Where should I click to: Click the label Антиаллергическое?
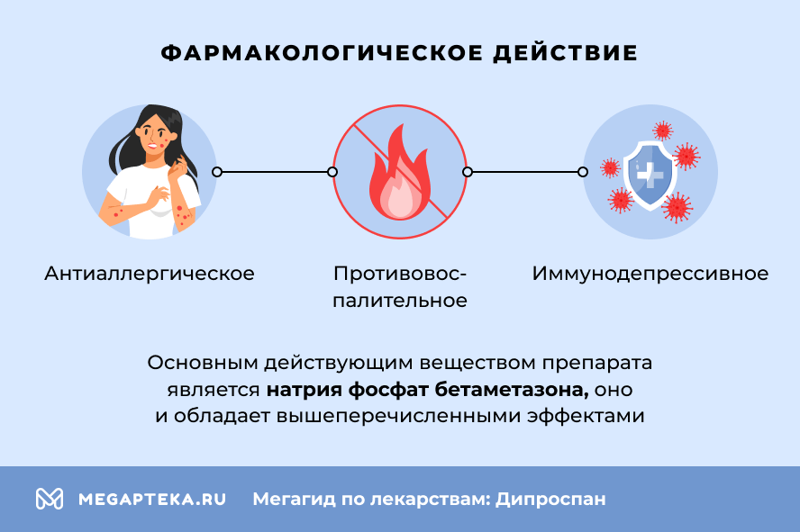pos(150,273)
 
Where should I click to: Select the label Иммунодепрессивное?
pos(650,273)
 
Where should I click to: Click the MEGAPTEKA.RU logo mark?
pos(49,499)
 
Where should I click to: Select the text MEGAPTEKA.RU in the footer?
pos(152,499)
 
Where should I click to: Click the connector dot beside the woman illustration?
pos(216,171)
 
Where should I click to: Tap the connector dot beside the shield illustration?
pos(583,171)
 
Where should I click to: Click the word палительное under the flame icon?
pos(399,301)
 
